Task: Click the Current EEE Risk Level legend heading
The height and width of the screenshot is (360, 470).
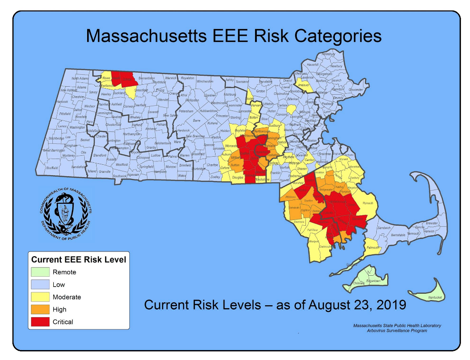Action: [78, 260]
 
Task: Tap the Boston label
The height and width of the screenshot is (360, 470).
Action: [312, 141]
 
